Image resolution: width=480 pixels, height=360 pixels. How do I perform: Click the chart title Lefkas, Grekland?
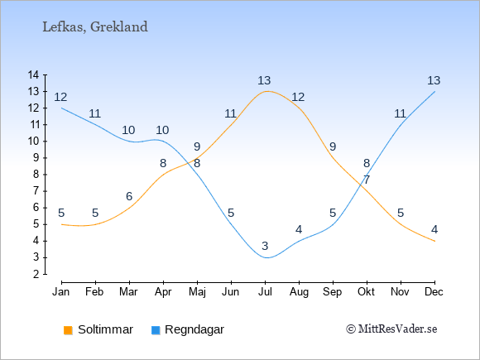(x=95, y=26)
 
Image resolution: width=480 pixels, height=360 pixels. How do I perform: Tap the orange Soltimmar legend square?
(x=68, y=330)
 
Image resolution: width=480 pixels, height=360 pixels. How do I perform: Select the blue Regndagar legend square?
(x=156, y=330)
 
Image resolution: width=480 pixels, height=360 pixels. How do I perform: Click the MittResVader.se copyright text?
(x=391, y=329)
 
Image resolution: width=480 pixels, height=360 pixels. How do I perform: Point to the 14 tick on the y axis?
(x=33, y=74)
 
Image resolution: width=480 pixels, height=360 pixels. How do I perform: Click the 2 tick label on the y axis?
(x=36, y=274)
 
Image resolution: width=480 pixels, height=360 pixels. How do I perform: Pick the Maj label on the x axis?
(x=197, y=292)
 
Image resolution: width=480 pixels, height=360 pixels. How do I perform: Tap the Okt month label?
(x=366, y=292)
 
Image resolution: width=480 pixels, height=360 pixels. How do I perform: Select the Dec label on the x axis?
(x=434, y=292)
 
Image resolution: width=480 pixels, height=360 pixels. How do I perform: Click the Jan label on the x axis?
(x=61, y=292)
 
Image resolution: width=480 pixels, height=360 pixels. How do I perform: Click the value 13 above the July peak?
(x=264, y=80)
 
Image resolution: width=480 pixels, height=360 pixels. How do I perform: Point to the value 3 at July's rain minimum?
(x=265, y=246)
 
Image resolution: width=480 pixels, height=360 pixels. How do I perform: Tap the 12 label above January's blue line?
(x=60, y=97)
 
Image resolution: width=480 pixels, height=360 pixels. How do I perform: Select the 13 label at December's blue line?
(x=434, y=80)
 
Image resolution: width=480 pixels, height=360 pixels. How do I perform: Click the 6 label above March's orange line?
(x=129, y=196)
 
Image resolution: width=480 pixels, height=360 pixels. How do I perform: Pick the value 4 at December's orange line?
(x=434, y=229)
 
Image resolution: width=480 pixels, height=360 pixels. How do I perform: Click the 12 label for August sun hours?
(x=298, y=97)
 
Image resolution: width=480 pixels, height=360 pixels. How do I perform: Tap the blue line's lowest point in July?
(x=266, y=257)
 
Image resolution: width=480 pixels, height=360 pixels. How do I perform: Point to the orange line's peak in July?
(x=266, y=91)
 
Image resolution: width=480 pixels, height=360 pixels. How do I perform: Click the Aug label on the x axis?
(x=299, y=292)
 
